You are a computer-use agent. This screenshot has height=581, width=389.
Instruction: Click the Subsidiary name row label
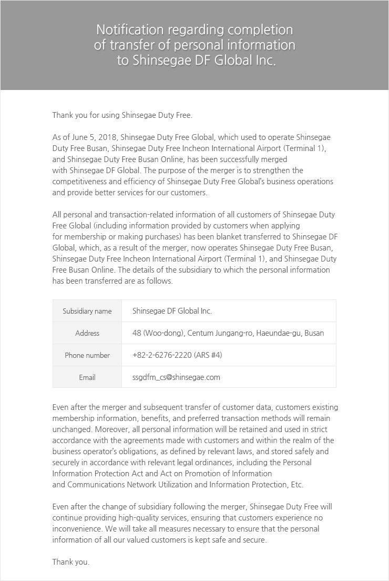[x=87, y=311]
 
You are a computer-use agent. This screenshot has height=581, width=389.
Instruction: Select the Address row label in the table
[x=87, y=333]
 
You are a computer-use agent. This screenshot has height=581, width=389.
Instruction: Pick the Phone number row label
[x=87, y=355]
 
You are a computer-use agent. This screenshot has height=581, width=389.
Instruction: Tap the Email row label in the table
[x=87, y=377]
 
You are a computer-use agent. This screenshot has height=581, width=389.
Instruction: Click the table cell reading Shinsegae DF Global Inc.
[x=172, y=311]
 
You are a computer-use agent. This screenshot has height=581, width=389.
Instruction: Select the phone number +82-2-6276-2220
[x=162, y=355]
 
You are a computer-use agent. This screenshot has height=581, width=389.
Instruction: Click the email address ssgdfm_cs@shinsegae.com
[x=176, y=377]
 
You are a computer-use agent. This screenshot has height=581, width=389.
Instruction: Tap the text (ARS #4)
[x=208, y=355]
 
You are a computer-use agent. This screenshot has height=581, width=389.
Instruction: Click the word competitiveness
[x=79, y=182]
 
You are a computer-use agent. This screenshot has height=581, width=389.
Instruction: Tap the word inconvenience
[x=76, y=529]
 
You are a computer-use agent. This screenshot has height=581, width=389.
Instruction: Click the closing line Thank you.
[x=71, y=562]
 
